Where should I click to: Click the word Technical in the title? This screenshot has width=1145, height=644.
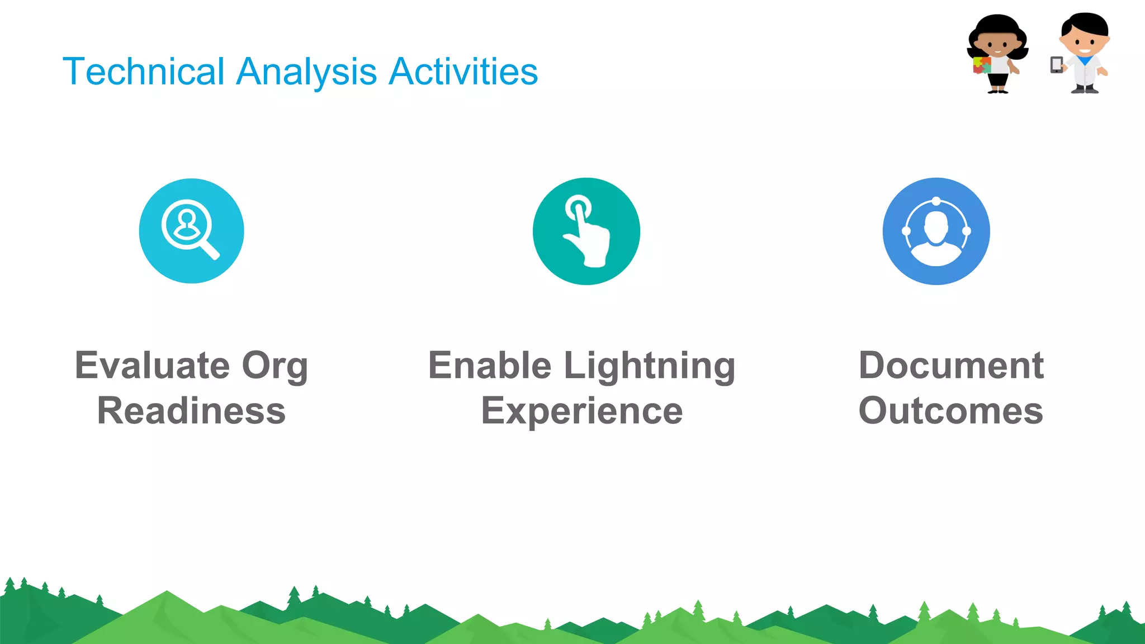pyautogui.click(x=143, y=72)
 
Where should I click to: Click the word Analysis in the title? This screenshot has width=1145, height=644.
pyautogui.click(x=306, y=72)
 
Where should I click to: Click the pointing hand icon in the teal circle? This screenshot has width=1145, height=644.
pyautogui.click(x=586, y=232)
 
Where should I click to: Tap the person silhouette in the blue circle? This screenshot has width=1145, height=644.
pyautogui.click(x=936, y=235)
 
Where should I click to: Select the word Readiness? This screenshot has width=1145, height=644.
pyautogui.click(x=191, y=411)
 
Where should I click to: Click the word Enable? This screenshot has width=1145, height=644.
pyautogui.click(x=490, y=366)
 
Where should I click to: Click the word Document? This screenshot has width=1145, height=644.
pyautogui.click(x=950, y=366)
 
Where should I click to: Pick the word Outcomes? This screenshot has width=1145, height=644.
pyautogui.click(x=950, y=411)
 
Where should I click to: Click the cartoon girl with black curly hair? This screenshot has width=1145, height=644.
pyautogui.click(x=999, y=50)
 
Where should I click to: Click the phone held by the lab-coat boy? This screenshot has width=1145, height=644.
pyautogui.click(x=1056, y=65)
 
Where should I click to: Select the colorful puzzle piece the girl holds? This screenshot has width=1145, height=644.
pyautogui.click(x=981, y=65)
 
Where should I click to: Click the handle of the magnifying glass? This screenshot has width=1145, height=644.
pyautogui.click(x=210, y=250)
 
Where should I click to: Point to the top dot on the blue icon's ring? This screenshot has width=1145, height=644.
pyautogui.click(x=936, y=201)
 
